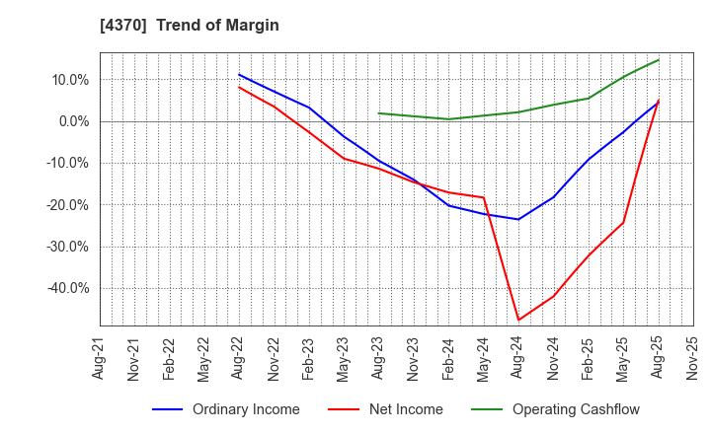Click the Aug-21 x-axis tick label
click(x=100, y=359)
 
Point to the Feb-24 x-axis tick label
click(x=448, y=359)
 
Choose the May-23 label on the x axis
click(x=344, y=359)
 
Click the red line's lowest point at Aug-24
click(x=518, y=320)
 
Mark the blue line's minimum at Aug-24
click(x=518, y=219)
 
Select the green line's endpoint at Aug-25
click(x=659, y=59)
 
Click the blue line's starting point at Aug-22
click(x=239, y=74)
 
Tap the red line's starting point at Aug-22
click(x=239, y=87)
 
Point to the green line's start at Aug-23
click(x=378, y=112)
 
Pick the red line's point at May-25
click(x=623, y=222)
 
